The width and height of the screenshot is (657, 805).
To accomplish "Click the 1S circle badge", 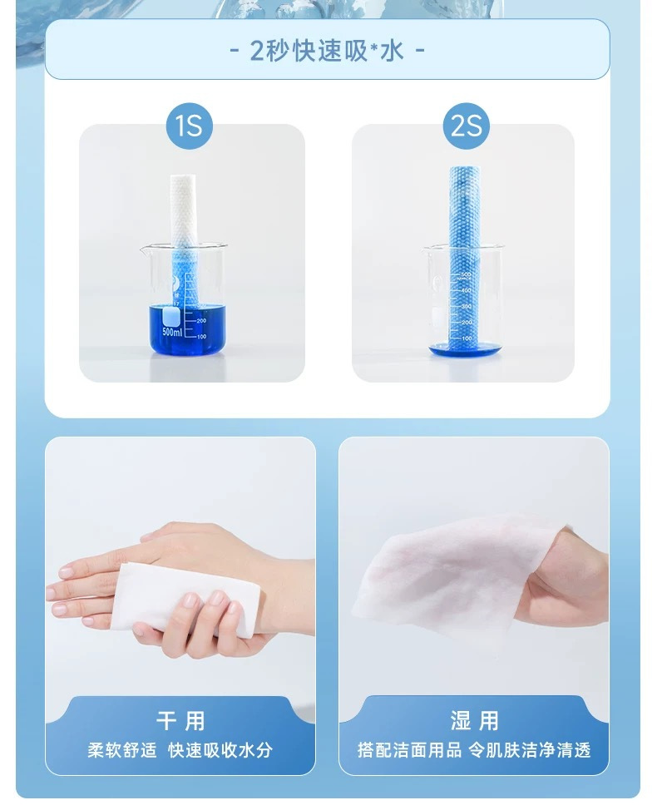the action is [x=190, y=126].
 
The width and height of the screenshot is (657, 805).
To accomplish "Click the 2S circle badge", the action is [x=466, y=126].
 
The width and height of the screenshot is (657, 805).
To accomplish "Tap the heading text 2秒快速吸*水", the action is [x=327, y=51].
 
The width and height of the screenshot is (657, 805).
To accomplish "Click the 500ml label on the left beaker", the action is [x=172, y=332].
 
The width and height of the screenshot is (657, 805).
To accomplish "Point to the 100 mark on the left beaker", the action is [x=201, y=336].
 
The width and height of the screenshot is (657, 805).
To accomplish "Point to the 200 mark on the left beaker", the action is [x=201, y=320].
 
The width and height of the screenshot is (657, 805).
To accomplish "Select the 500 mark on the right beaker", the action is [x=466, y=275].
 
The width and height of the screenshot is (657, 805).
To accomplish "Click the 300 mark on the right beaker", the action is [x=466, y=307].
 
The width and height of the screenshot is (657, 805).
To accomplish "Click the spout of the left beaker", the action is [x=142, y=249].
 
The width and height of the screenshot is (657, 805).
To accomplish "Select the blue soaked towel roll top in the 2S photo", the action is [x=466, y=205].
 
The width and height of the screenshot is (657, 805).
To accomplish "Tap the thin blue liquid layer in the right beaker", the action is [x=463, y=350].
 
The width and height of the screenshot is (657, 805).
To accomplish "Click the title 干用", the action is [x=180, y=721].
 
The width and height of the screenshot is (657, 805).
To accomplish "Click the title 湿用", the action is [x=474, y=721].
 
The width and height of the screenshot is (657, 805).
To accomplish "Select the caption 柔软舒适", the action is [x=121, y=750].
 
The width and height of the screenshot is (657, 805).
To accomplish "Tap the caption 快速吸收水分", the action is [x=220, y=750].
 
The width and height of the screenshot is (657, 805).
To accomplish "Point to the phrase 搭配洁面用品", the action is [x=409, y=750].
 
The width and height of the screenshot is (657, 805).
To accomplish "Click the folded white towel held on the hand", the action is [x=185, y=598].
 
